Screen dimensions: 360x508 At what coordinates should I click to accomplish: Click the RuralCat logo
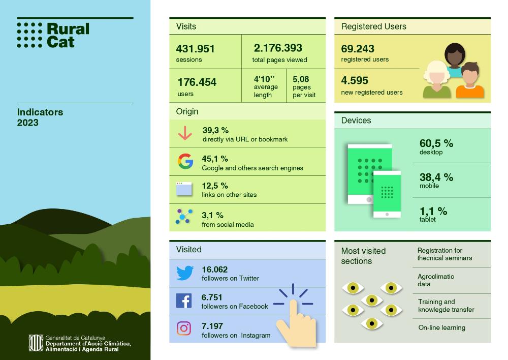click(x=53, y=35)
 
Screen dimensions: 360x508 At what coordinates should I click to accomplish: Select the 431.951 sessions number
click(x=196, y=49)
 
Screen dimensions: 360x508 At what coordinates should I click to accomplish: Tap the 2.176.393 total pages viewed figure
click(x=278, y=48)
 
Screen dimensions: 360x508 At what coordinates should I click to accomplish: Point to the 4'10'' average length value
click(x=264, y=79)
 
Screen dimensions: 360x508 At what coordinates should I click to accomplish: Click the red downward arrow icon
click(x=185, y=133)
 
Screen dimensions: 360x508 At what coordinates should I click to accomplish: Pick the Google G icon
click(x=185, y=161)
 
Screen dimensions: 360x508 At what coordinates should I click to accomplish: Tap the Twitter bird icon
click(x=185, y=273)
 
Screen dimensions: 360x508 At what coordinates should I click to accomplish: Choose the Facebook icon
click(x=184, y=301)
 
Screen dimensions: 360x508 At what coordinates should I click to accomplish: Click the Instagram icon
click(x=184, y=328)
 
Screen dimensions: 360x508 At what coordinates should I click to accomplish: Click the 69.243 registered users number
click(x=358, y=49)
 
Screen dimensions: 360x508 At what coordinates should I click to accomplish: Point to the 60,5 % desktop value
click(x=436, y=144)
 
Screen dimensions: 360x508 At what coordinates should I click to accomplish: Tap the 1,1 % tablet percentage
click(x=433, y=211)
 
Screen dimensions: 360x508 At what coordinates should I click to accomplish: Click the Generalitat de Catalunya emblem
click(x=36, y=343)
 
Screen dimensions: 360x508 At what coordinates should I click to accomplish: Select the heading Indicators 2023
click(x=40, y=117)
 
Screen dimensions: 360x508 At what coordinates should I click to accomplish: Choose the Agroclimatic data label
click(x=435, y=280)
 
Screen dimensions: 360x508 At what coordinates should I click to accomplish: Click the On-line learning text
click(x=441, y=327)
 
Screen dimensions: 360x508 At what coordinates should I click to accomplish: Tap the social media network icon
click(x=184, y=216)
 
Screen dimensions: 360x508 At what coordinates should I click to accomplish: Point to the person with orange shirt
click(x=470, y=81)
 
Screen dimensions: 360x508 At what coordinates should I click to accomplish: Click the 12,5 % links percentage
click(x=215, y=186)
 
